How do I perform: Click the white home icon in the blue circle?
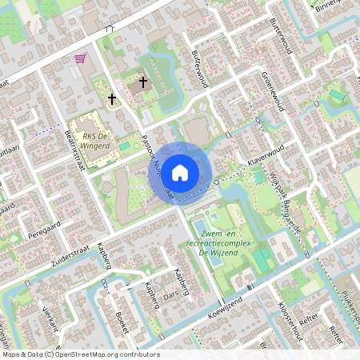(x=180, y=172)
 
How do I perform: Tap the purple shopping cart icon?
(x=79, y=58)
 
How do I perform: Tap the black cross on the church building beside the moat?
(x=144, y=82)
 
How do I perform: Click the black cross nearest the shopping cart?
(x=112, y=100)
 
